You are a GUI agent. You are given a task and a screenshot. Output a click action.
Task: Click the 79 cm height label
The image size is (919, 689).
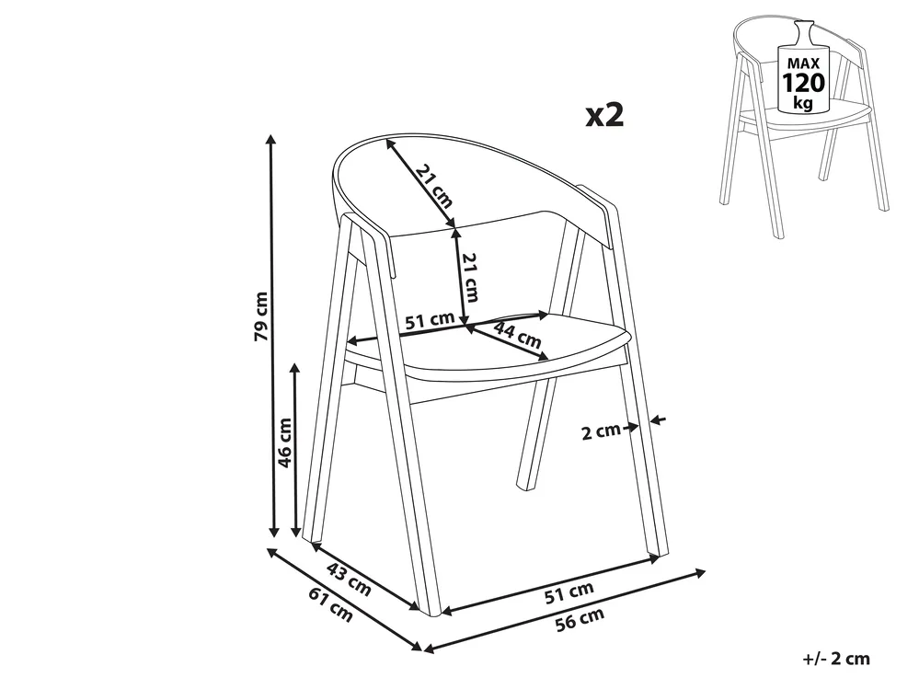[x=262, y=316]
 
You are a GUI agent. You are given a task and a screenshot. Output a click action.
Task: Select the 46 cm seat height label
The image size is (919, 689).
[x=285, y=442]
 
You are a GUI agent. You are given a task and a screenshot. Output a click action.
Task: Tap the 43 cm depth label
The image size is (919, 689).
[x=348, y=579]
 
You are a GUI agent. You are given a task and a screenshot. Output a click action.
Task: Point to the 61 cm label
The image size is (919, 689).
[x=330, y=604]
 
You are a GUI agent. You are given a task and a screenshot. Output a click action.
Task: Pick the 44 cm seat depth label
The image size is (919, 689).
[x=517, y=335]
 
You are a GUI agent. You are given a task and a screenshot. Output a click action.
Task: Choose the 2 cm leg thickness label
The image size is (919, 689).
[x=600, y=431]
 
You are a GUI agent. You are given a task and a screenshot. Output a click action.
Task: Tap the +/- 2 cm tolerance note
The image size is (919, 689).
[x=836, y=659]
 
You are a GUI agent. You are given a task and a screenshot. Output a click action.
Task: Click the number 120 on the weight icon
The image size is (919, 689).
[x=804, y=83]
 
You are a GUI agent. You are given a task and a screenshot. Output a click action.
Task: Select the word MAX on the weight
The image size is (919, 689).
[x=804, y=63]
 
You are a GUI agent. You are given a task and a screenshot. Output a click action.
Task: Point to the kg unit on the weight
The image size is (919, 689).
[x=803, y=104]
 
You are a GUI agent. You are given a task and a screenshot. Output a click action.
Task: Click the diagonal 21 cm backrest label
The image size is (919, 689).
[x=434, y=187]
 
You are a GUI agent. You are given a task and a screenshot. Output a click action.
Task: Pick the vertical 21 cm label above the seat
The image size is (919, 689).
[x=470, y=277]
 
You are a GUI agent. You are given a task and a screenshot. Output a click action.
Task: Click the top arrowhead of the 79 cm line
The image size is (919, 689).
[x=270, y=139]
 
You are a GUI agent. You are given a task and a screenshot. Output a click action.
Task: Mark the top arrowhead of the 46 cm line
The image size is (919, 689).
[x=295, y=368]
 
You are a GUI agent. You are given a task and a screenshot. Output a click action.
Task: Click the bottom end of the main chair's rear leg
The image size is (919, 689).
[x=525, y=486]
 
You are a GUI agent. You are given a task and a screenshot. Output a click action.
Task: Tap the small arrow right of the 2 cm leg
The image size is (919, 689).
[x=658, y=419]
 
